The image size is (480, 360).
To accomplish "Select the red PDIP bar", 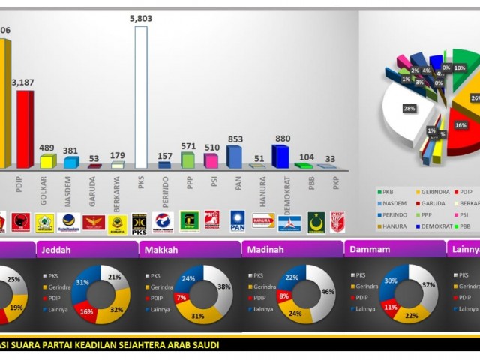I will point(25,130).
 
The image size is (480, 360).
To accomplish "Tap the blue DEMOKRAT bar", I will point(280,157).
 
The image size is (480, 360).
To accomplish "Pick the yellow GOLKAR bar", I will point(46,161).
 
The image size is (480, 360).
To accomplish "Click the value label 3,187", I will point(22,82).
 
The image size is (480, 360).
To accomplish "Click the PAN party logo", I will point(238,221).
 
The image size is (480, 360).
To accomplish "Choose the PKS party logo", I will point(139,222).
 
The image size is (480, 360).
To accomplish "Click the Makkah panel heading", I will point(162,249).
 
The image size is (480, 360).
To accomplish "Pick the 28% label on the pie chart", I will point(409,109).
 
